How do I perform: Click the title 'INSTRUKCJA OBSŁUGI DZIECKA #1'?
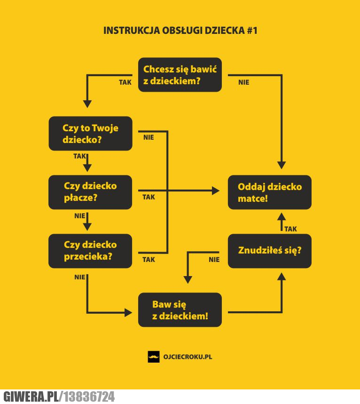180,31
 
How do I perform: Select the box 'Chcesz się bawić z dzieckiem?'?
180,75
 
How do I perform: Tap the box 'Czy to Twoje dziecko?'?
90,134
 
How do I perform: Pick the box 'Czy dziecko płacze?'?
90,192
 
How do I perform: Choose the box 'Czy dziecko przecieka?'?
90,251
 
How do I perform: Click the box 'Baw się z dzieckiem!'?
180,309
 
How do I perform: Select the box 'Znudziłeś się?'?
270,251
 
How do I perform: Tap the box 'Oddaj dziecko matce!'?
270,192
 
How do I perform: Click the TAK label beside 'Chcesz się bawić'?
125,82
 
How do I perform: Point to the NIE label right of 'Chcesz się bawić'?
243,82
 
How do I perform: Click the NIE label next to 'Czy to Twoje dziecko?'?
149,137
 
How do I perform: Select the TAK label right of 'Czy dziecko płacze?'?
149,197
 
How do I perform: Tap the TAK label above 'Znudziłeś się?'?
291,229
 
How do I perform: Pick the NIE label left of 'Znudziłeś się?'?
214,260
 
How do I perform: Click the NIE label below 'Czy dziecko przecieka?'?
79,277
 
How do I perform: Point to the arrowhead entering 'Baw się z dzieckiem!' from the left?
128,313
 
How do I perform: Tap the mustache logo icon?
154,357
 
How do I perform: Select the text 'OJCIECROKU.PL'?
188,357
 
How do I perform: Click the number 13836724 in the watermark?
89,396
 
